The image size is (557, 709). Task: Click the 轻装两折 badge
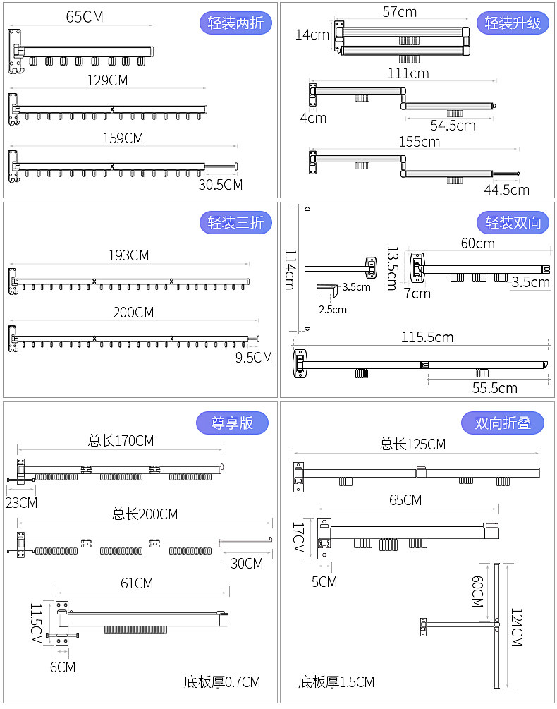coord(235,23)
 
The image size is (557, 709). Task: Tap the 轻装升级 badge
coord(513,23)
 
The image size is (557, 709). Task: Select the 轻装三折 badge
coord(235,222)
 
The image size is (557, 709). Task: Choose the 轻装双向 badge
coord(513,222)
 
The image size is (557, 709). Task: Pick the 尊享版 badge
coord(232,423)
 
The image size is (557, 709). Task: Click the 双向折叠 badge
coord(502,423)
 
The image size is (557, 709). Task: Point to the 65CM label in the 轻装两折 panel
coord(85,17)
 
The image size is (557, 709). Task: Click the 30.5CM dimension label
coord(221,185)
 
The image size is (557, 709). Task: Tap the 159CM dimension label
coord(123,138)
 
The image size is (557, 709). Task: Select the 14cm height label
coord(312,35)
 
